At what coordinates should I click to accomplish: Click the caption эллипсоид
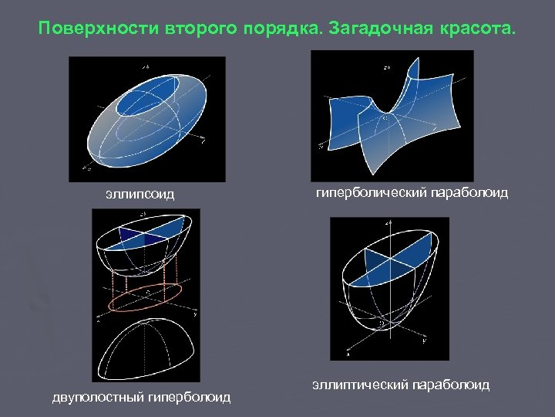coord(140,193)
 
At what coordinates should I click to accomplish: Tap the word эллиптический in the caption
coord(361,384)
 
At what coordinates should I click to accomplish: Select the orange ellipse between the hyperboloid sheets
coord(144,297)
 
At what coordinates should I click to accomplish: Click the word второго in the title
coord(194,29)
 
